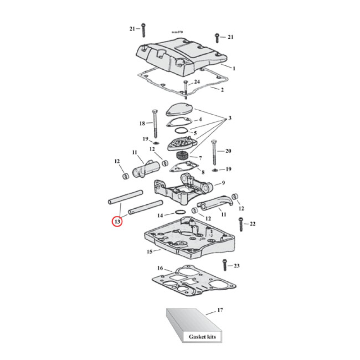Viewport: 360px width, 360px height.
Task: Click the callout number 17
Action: point(220,310)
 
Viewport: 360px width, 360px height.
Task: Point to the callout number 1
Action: point(234,68)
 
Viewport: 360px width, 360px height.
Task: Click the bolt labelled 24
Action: point(185,88)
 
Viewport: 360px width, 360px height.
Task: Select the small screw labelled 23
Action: point(225,266)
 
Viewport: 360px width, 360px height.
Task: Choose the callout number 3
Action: point(229,118)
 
